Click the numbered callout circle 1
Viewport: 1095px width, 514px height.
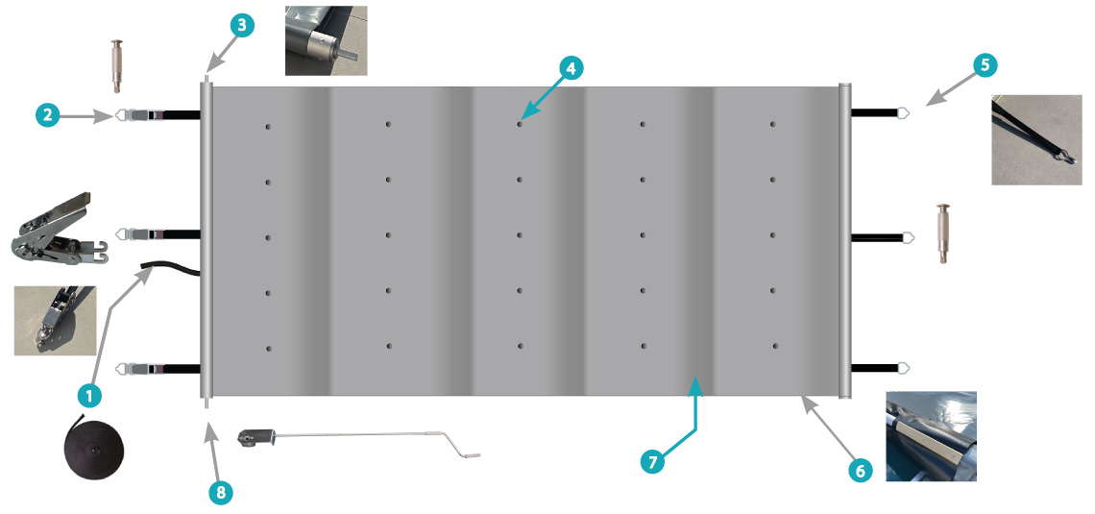click(x=88, y=397)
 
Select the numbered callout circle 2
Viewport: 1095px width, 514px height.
click(x=48, y=115)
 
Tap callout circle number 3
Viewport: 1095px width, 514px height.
click(x=241, y=26)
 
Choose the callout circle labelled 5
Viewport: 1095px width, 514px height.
click(x=984, y=65)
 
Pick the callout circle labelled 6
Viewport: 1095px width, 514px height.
click(x=860, y=472)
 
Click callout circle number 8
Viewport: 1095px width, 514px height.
click(x=221, y=492)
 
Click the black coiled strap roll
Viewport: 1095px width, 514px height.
click(x=94, y=445)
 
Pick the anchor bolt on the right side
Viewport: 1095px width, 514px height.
click(x=943, y=233)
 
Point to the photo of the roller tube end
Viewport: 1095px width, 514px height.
click(x=327, y=40)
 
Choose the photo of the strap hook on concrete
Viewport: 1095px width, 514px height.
click(x=1036, y=140)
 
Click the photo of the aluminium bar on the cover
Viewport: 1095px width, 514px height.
click(x=931, y=436)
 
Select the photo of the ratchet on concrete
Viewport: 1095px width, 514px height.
click(x=55, y=320)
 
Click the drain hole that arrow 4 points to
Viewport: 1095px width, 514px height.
click(x=520, y=124)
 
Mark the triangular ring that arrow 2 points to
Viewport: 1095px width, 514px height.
click(x=120, y=115)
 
